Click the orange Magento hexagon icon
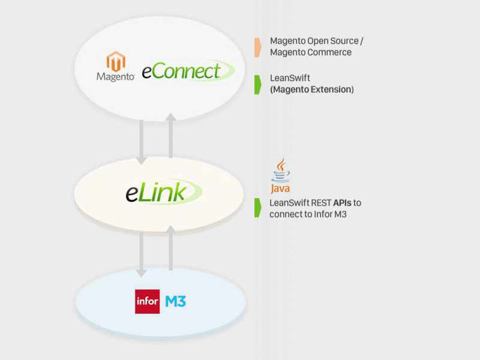[116, 62]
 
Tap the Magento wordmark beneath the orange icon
[115, 77]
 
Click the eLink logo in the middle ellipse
[160, 192]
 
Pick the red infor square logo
[148, 301]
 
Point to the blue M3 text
[175, 301]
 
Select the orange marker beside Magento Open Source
[257, 47]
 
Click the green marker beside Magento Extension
[257, 84]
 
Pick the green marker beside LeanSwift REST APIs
[257, 208]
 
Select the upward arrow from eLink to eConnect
[170, 136]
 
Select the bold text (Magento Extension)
[311, 90]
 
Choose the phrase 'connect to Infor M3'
[308, 214]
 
